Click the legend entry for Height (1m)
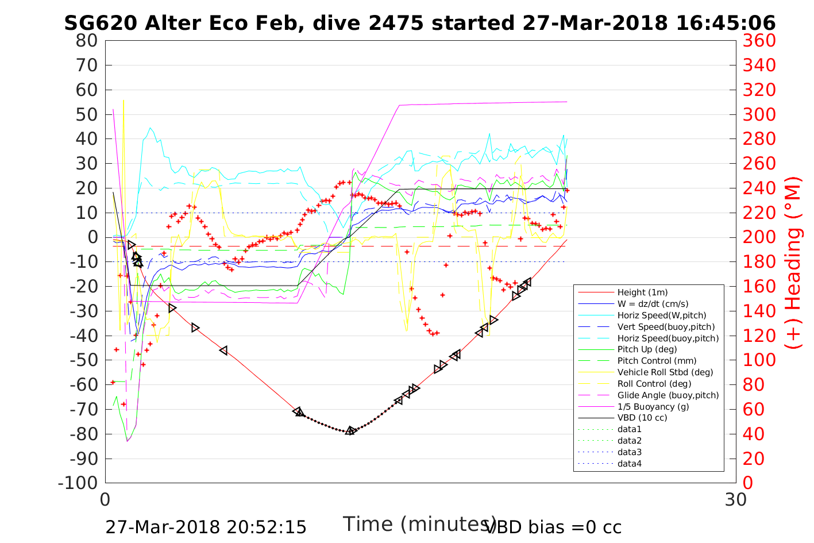point(642,292)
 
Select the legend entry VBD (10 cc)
point(642,418)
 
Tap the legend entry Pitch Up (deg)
point(647,349)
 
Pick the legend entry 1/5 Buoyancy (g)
point(653,407)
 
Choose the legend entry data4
point(630,464)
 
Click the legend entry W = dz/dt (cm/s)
point(653,304)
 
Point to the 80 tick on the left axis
point(87,41)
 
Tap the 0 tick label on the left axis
point(92,237)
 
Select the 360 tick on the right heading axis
point(759,41)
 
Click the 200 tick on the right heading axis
point(759,237)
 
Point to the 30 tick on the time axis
point(736,499)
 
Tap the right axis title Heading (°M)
point(793,262)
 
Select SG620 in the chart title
point(101,23)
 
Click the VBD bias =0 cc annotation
point(553,527)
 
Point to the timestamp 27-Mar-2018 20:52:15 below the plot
point(206,527)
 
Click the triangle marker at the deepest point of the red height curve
point(350,430)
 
